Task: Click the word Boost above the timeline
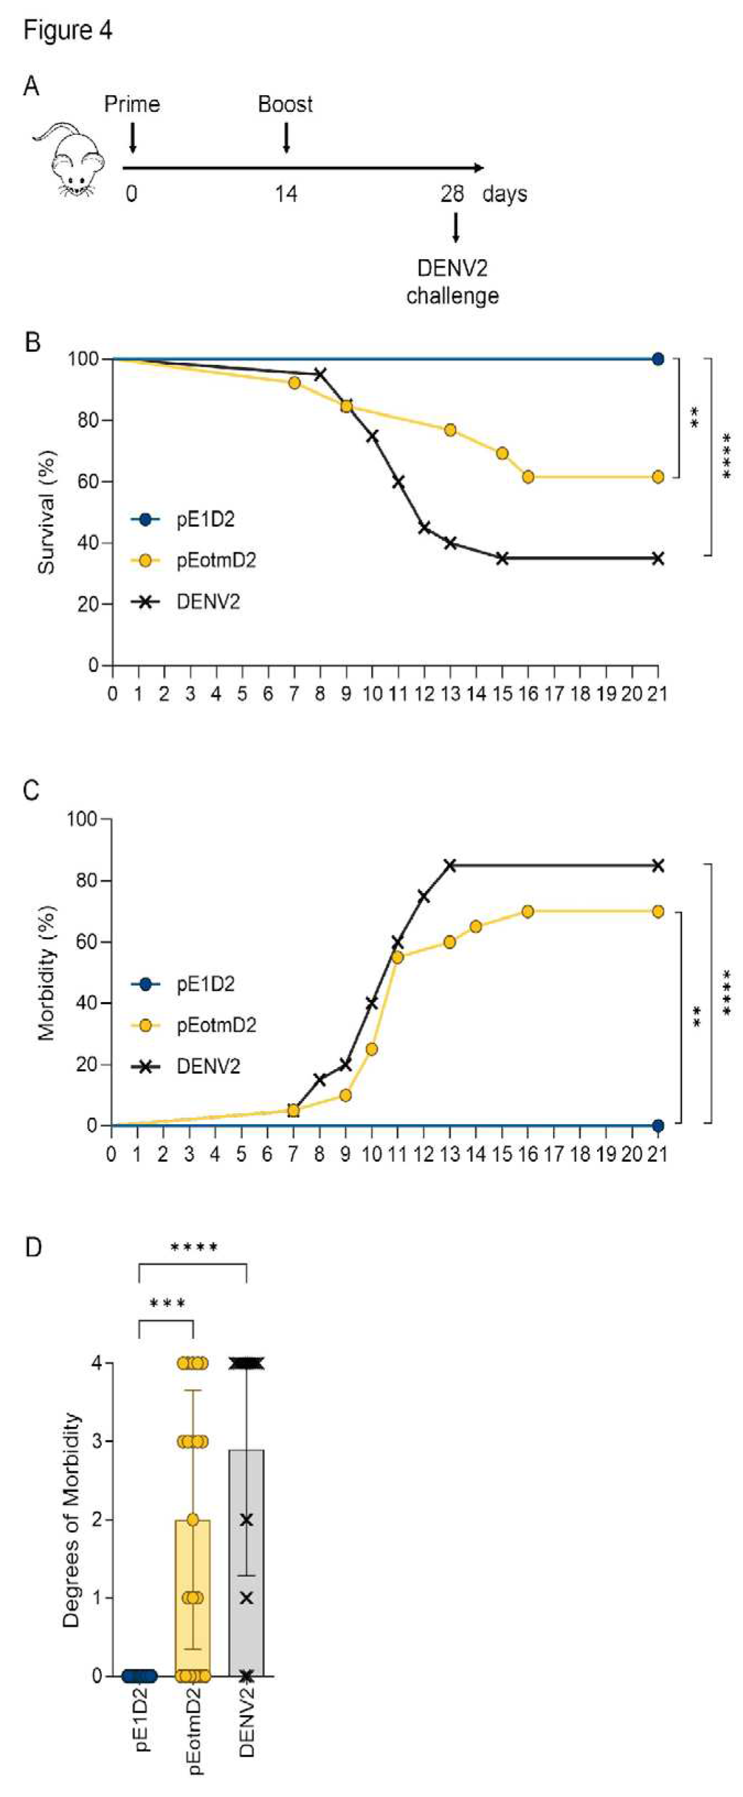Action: click(285, 105)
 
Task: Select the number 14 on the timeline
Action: click(285, 193)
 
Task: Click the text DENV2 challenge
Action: click(452, 282)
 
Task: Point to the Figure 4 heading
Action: click(68, 31)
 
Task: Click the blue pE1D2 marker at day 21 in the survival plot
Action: click(657, 360)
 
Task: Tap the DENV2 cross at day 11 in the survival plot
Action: click(398, 482)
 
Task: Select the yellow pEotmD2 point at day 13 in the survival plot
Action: click(450, 430)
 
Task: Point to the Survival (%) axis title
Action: click(46, 513)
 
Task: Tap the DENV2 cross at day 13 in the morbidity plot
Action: click(450, 865)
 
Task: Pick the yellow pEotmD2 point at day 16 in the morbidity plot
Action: click(528, 911)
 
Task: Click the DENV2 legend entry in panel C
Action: click(208, 1066)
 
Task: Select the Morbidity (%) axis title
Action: click(46, 973)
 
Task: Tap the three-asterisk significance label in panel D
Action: click(167, 1303)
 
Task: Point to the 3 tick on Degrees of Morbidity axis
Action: click(97, 1441)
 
